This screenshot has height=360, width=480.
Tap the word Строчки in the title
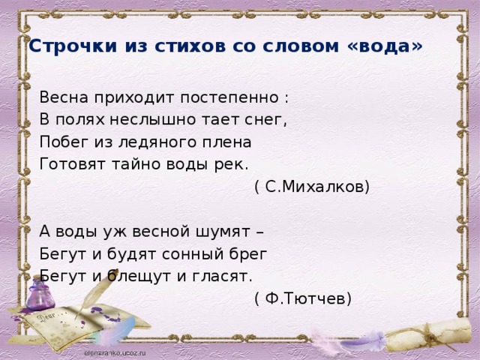point(73,46)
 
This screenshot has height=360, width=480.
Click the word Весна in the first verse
point(64,97)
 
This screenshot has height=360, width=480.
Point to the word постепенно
point(229,98)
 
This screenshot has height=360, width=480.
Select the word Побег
point(64,142)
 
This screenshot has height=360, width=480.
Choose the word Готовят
point(72,164)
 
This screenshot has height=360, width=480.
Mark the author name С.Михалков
point(312,187)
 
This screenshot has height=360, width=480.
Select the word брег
point(249,254)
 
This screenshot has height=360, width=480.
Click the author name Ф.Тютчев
point(303,298)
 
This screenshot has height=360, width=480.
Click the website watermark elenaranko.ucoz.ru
point(115,352)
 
